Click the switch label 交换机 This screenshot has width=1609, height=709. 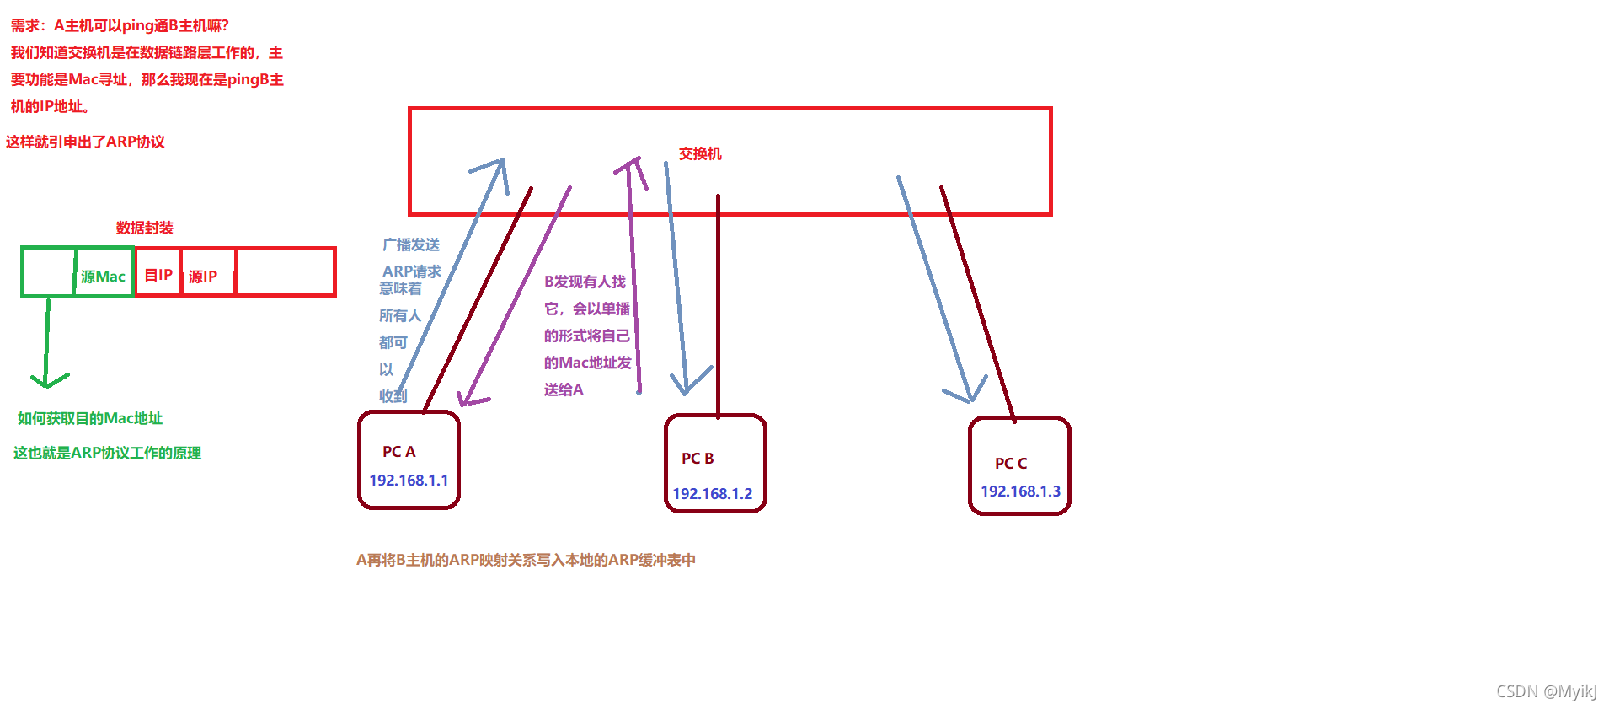click(700, 153)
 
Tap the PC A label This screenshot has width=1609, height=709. click(398, 452)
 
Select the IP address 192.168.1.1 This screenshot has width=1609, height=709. click(409, 480)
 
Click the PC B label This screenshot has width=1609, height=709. click(698, 459)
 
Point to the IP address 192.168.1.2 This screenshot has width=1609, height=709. click(712, 493)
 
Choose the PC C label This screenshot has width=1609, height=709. click(1010, 464)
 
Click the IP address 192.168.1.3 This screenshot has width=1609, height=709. click(1020, 491)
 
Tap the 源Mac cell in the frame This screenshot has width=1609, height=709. click(103, 277)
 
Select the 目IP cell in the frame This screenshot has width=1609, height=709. click(158, 275)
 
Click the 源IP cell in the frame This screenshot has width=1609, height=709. click(203, 277)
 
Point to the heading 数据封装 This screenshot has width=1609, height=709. click(145, 228)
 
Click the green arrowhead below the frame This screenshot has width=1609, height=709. click(48, 381)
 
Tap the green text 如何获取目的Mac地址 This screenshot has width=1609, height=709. click(90, 418)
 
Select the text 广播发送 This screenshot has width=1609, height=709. click(411, 244)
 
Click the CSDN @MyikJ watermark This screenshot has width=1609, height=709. click(1546, 691)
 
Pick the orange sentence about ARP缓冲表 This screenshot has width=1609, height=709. click(526, 560)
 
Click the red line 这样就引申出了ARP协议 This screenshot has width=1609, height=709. click(85, 142)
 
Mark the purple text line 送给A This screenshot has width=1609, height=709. click(564, 389)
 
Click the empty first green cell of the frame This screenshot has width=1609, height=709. click(48, 272)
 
